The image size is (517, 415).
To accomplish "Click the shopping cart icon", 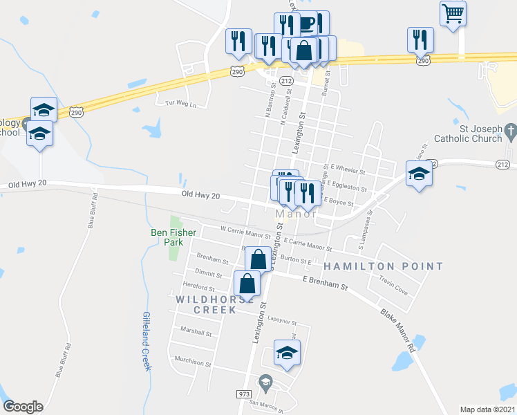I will (453, 13).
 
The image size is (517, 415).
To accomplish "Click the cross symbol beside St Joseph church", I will (510, 130).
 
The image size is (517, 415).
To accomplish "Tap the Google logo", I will (23, 407).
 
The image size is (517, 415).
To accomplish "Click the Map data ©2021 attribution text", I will (487, 409).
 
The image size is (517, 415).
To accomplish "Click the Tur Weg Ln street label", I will (181, 104).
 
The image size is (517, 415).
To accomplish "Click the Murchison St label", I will (193, 360).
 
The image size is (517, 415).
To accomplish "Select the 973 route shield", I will (243, 394).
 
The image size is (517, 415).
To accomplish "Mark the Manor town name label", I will (296, 214).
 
